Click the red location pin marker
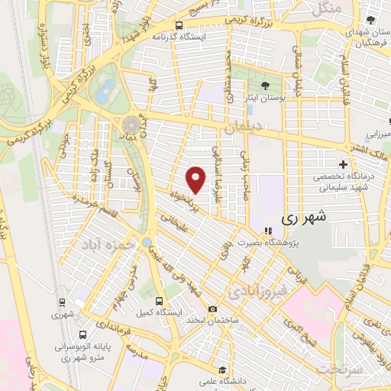(x=197, y=179)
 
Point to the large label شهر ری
(x=304, y=217)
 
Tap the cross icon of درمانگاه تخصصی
(x=343, y=164)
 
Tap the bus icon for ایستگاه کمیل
(x=160, y=301)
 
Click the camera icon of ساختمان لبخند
(x=212, y=309)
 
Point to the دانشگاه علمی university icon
(x=221, y=369)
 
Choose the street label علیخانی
(x=176, y=222)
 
